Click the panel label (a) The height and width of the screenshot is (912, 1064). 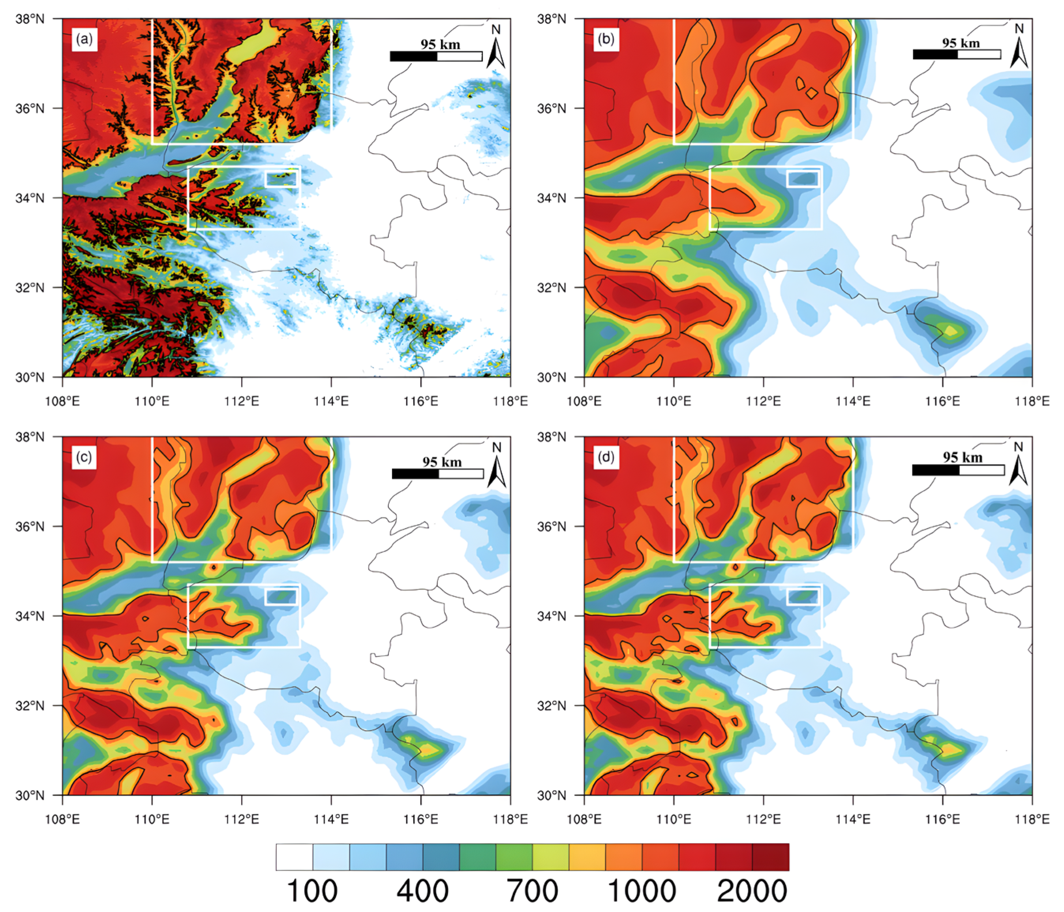84,39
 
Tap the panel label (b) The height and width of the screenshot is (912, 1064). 606,39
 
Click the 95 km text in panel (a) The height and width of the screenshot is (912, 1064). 440,44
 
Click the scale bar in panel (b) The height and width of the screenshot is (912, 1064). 956,55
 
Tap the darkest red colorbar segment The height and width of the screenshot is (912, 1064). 770,857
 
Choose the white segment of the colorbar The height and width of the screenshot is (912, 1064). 294,857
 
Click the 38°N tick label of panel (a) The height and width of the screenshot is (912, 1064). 30,19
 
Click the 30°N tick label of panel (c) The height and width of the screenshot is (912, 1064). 30,795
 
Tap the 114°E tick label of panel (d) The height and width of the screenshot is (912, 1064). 853,818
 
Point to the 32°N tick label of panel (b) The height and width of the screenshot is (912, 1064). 552,287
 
